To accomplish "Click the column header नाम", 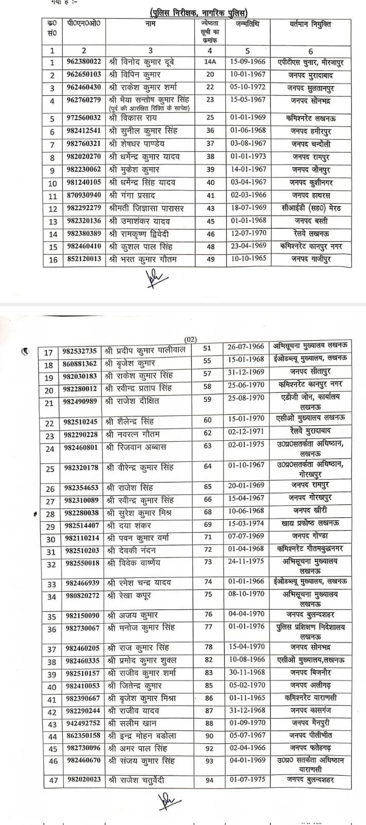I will [151, 24].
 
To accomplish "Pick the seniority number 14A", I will [209, 62].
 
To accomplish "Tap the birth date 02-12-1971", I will [246, 435].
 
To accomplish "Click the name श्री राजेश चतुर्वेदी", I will [137, 781].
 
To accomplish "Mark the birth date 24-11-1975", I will [246, 562].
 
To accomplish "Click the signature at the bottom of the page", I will [167, 802].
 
